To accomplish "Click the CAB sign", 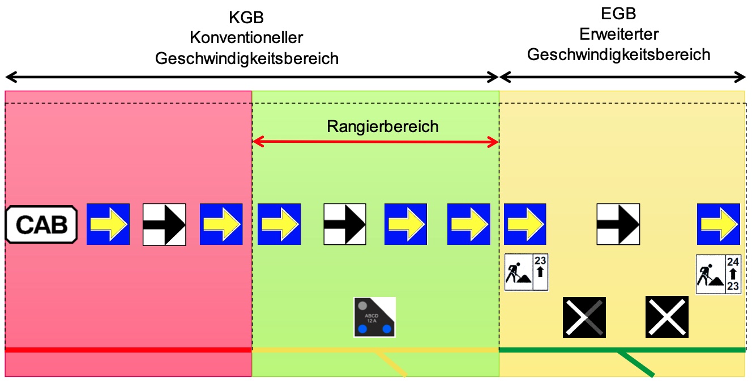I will pyautogui.click(x=41, y=224).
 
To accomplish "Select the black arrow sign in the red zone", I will pyautogui.click(x=164, y=224).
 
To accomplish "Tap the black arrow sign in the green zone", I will pyautogui.click(x=344, y=224).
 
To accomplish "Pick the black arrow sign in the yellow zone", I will pyautogui.click(x=618, y=224).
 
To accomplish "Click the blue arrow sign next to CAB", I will pyautogui.click(x=108, y=224).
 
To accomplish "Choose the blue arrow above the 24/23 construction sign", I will pyautogui.click(x=718, y=224).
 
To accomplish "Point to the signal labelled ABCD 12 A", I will pyautogui.click(x=374, y=317).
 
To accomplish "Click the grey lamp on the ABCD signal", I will pyautogui.click(x=363, y=305).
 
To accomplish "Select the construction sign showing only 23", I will pyautogui.click(x=526, y=272).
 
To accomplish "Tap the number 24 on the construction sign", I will pyautogui.click(x=733, y=262).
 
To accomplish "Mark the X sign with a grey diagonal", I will pyautogui.click(x=584, y=317).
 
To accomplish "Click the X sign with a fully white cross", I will pyautogui.click(x=666, y=317).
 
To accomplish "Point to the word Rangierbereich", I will pyautogui.click(x=382, y=126).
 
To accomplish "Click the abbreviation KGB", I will pyautogui.click(x=246, y=18).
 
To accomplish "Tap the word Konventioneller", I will pyautogui.click(x=246, y=38).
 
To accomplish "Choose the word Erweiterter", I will pyautogui.click(x=618, y=34).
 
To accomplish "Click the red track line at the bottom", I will pyautogui.click(x=128, y=350).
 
